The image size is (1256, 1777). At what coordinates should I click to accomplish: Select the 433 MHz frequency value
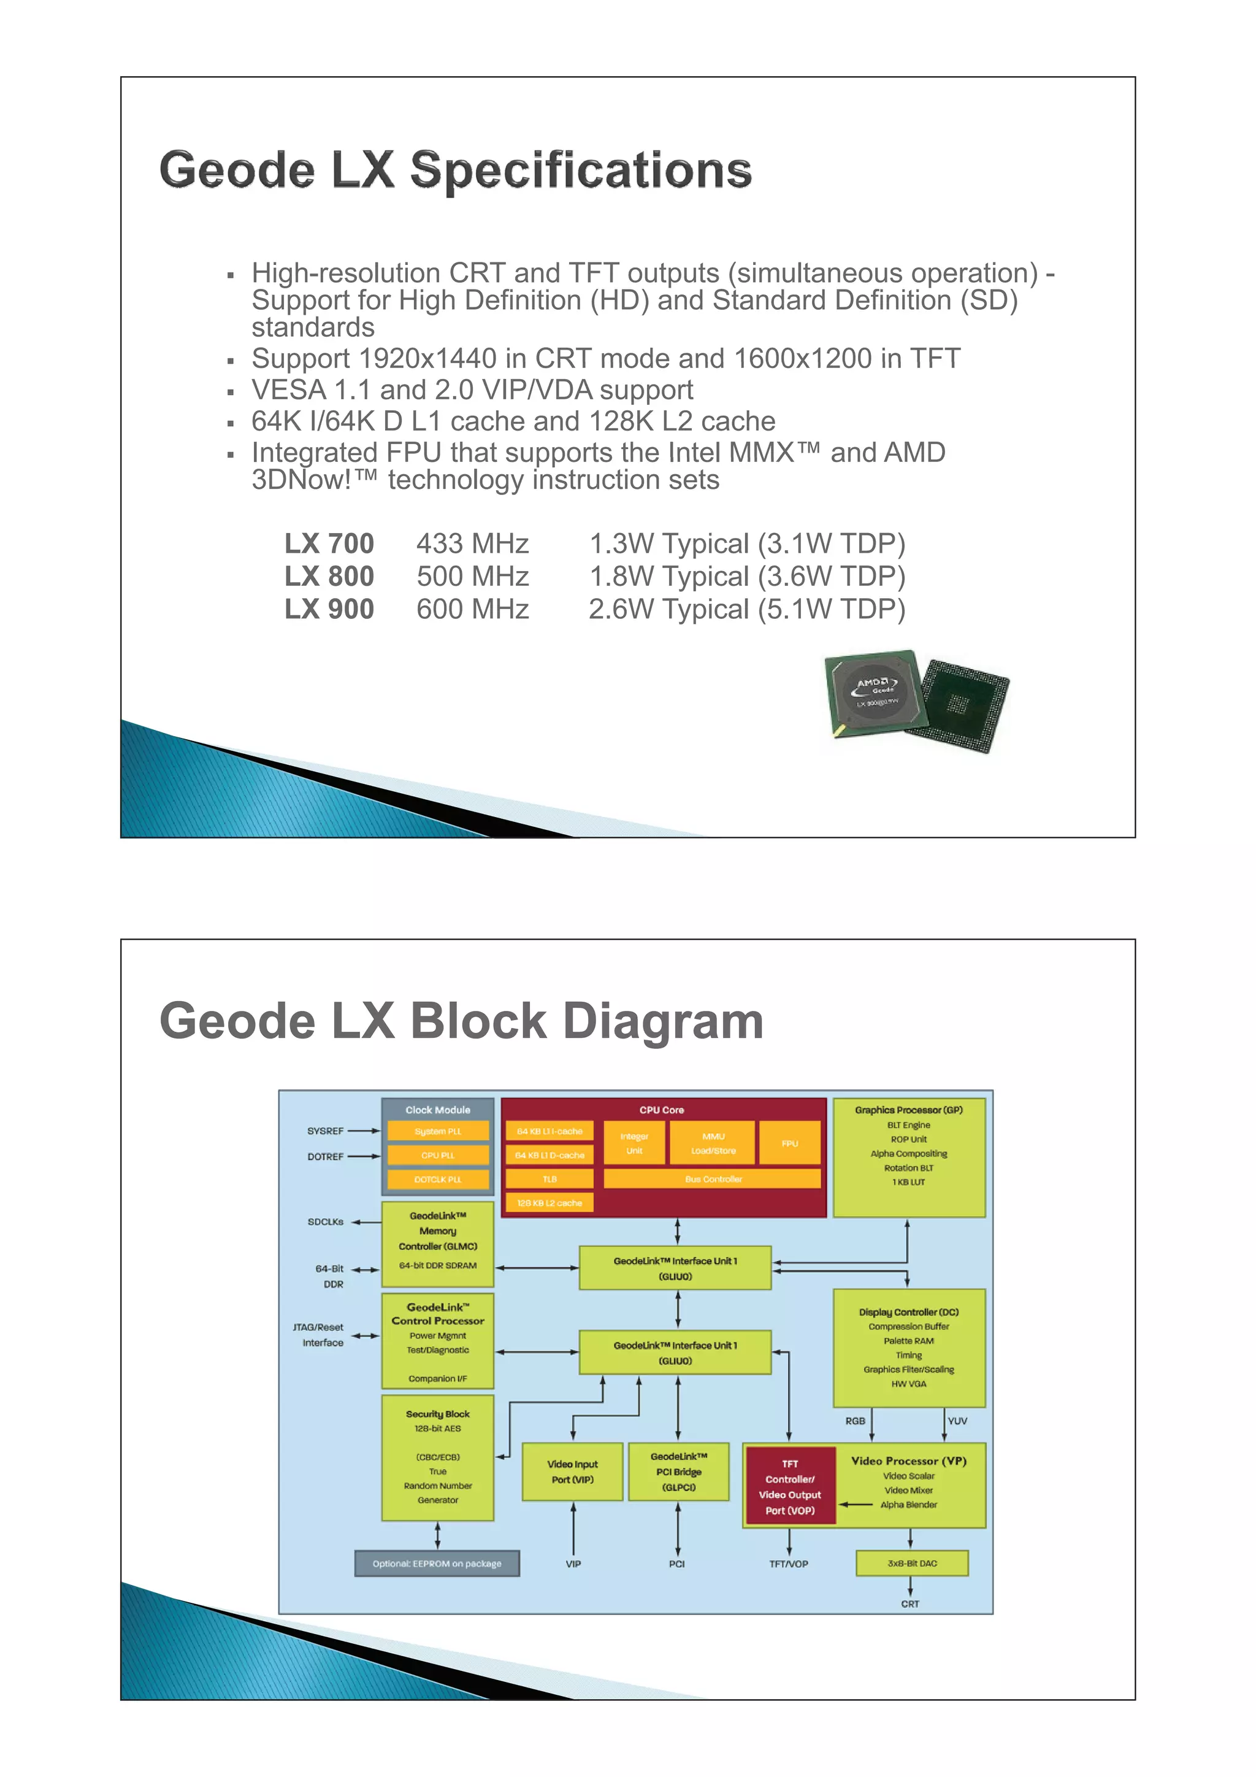coord(472,544)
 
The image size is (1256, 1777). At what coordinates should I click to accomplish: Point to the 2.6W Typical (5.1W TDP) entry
coord(747,610)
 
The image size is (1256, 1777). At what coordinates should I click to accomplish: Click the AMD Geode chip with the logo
coord(875,691)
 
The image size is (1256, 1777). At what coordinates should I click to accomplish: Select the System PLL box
coord(438,1132)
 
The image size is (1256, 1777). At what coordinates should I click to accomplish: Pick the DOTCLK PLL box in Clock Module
coord(438,1180)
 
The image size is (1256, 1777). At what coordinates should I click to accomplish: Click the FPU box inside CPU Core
coord(789,1143)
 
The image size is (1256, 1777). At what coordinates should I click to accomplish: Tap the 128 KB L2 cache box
coord(549,1203)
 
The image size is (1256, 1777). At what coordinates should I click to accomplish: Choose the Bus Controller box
coord(713,1180)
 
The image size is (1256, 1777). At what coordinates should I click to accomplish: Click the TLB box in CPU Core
coord(549,1180)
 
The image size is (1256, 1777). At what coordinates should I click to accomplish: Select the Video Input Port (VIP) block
coord(573,1472)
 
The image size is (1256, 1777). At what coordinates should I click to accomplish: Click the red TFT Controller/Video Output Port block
coord(789,1487)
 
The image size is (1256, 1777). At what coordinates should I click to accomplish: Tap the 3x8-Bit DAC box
coord(911,1564)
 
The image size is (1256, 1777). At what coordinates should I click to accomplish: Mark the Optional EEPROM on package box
coord(437,1564)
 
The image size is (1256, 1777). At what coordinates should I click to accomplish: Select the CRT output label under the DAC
coord(910,1603)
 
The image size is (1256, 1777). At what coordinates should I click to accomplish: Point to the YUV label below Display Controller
coord(957,1421)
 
